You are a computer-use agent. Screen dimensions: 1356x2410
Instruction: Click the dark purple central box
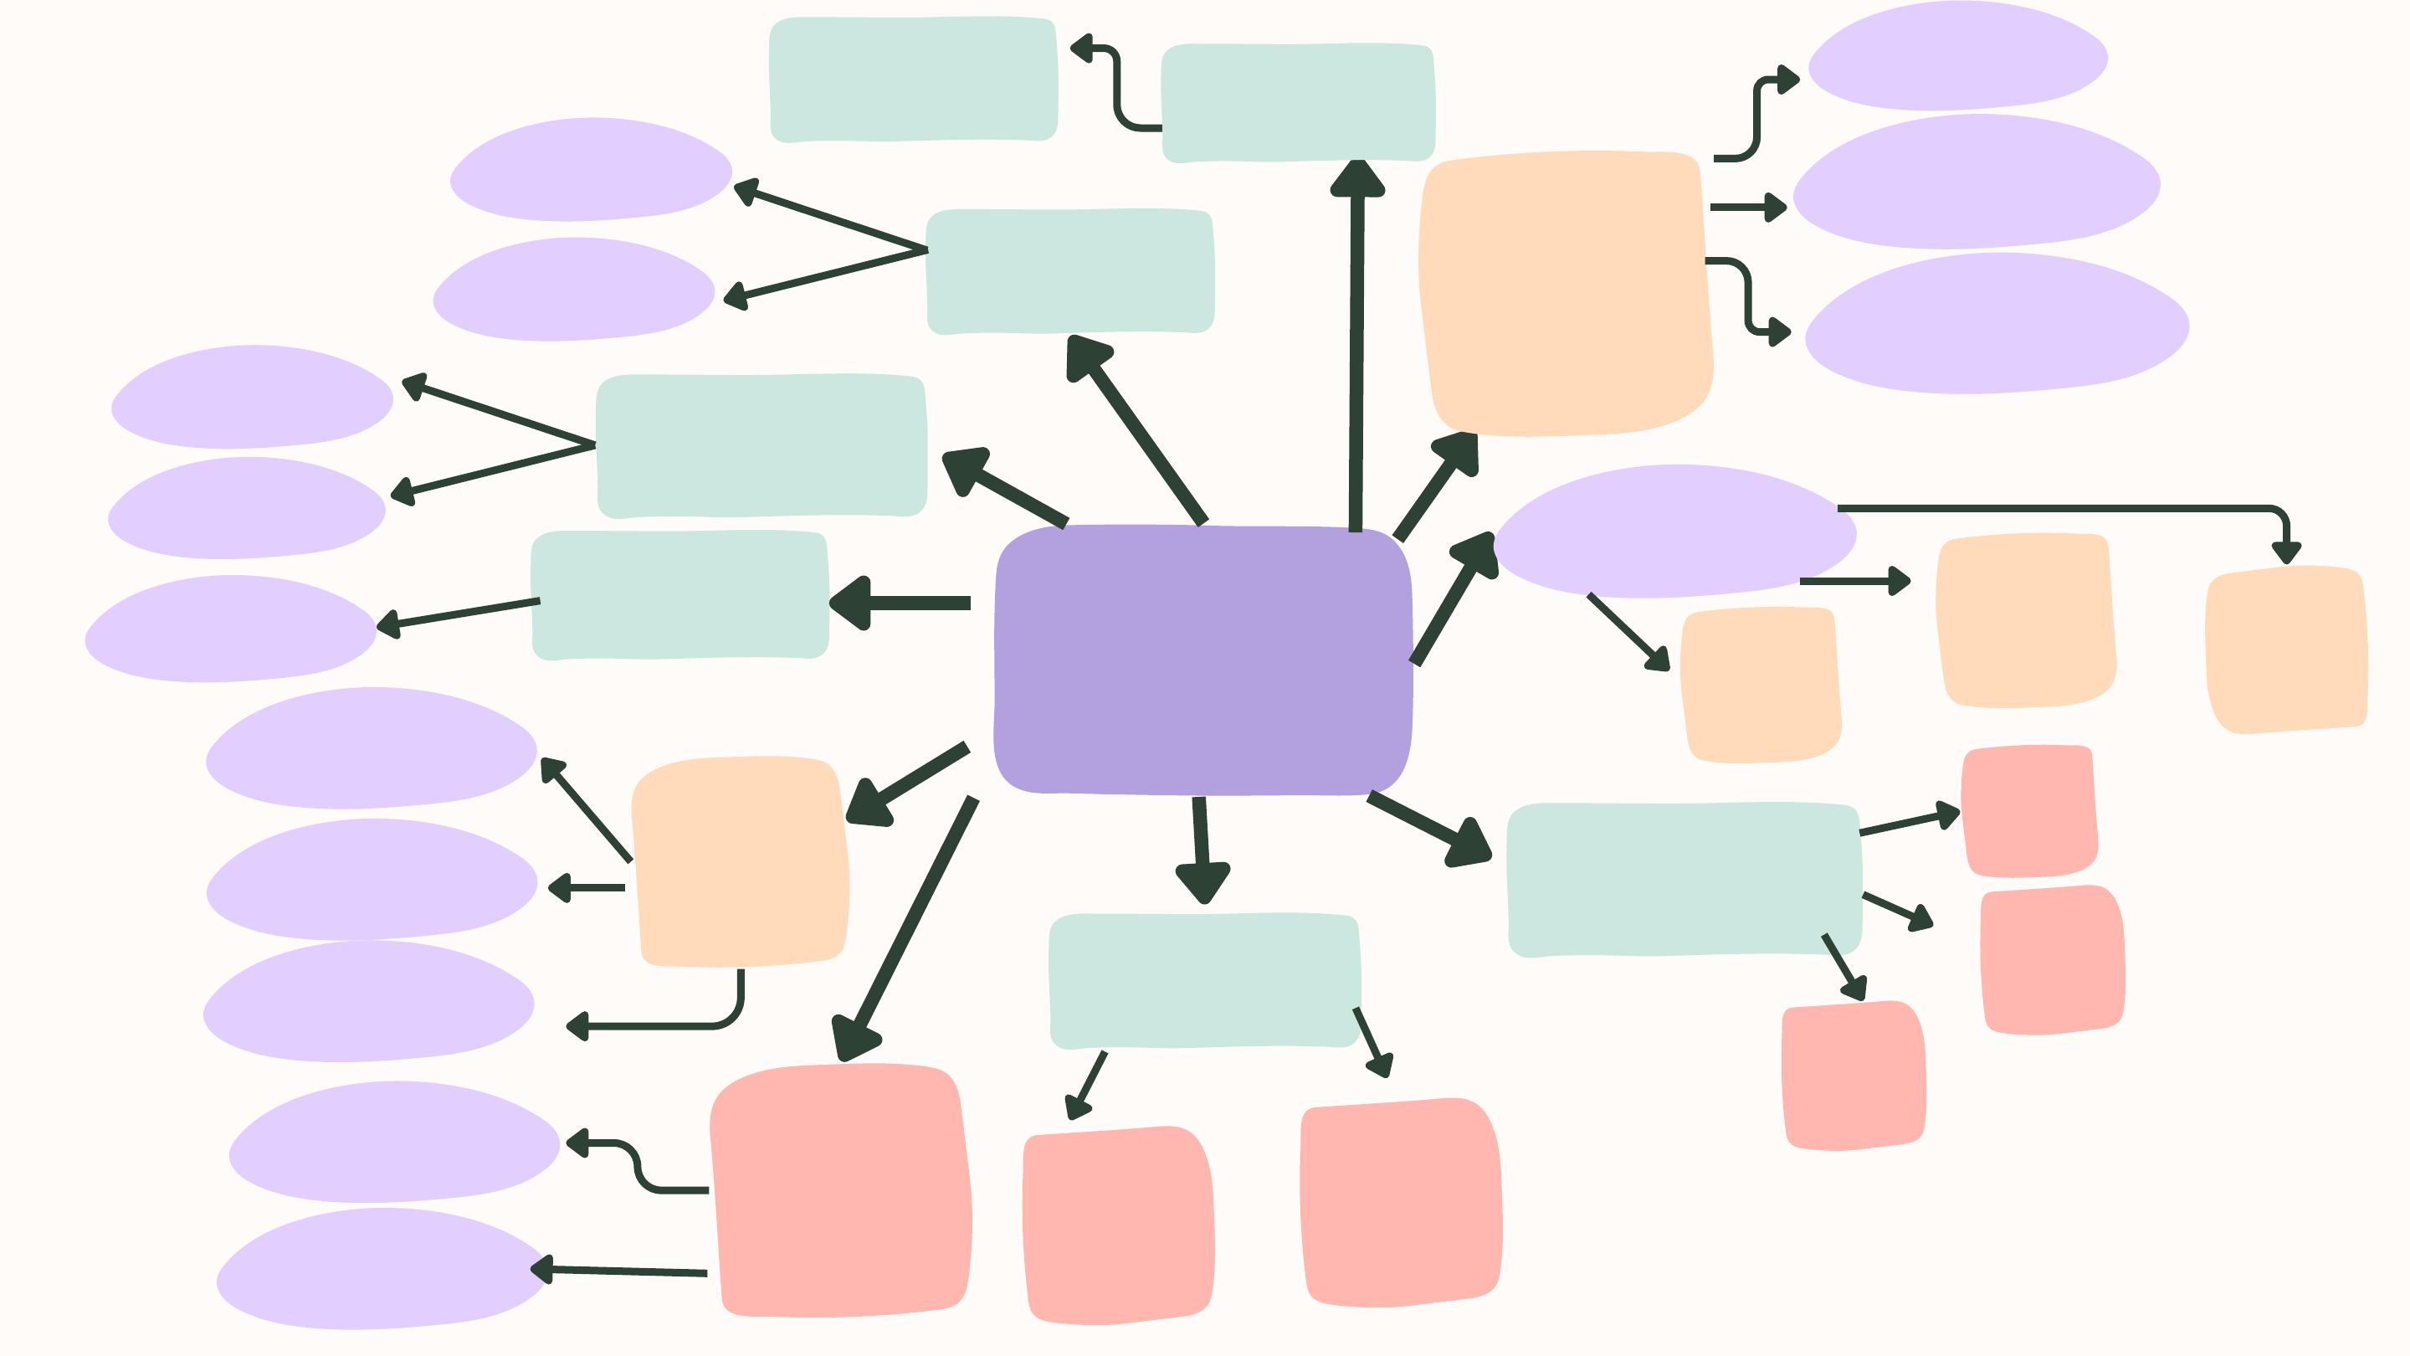pos(1203,660)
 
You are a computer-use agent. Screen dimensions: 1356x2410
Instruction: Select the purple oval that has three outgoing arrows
pos(1674,531)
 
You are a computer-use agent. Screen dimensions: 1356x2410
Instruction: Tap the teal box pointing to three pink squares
pos(1684,880)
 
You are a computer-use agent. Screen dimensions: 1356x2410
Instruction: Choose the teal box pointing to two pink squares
pos(1204,980)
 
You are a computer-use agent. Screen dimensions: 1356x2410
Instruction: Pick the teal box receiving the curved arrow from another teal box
pos(912,80)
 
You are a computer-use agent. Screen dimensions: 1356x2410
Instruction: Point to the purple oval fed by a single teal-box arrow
pos(229,628)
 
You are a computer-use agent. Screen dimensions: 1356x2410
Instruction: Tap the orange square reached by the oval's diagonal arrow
pos(1760,684)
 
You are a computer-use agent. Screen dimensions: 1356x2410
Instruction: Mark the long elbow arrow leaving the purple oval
pos(2059,509)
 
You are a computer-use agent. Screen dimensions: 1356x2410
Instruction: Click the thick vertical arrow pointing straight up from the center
pos(1356,347)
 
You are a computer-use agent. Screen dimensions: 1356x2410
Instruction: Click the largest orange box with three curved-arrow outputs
pos(1565,292)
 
